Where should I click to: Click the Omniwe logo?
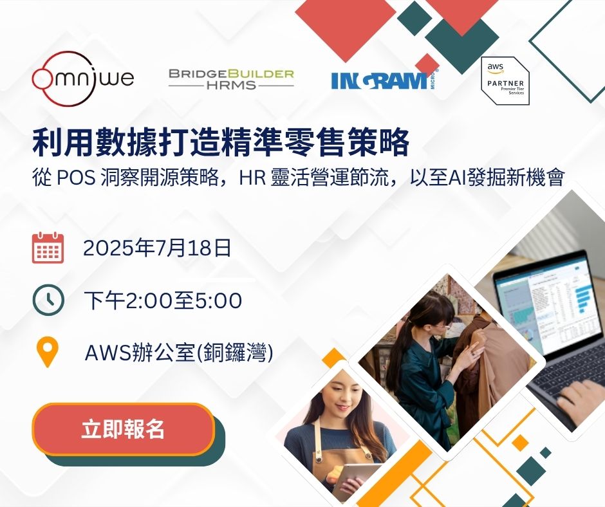tap(82, 78)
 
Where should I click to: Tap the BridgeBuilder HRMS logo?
tap(231, 79)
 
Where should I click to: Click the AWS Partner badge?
tap(505, 80)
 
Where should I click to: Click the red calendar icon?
tap(48, 248)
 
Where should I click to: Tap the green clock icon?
tap(48, 300)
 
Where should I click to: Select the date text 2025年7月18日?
tap(157, 248)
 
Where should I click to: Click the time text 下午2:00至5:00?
tap(163, 300)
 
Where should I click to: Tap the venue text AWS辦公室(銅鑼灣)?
tap(179, 353)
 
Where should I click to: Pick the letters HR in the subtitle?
tap(252, 178)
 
